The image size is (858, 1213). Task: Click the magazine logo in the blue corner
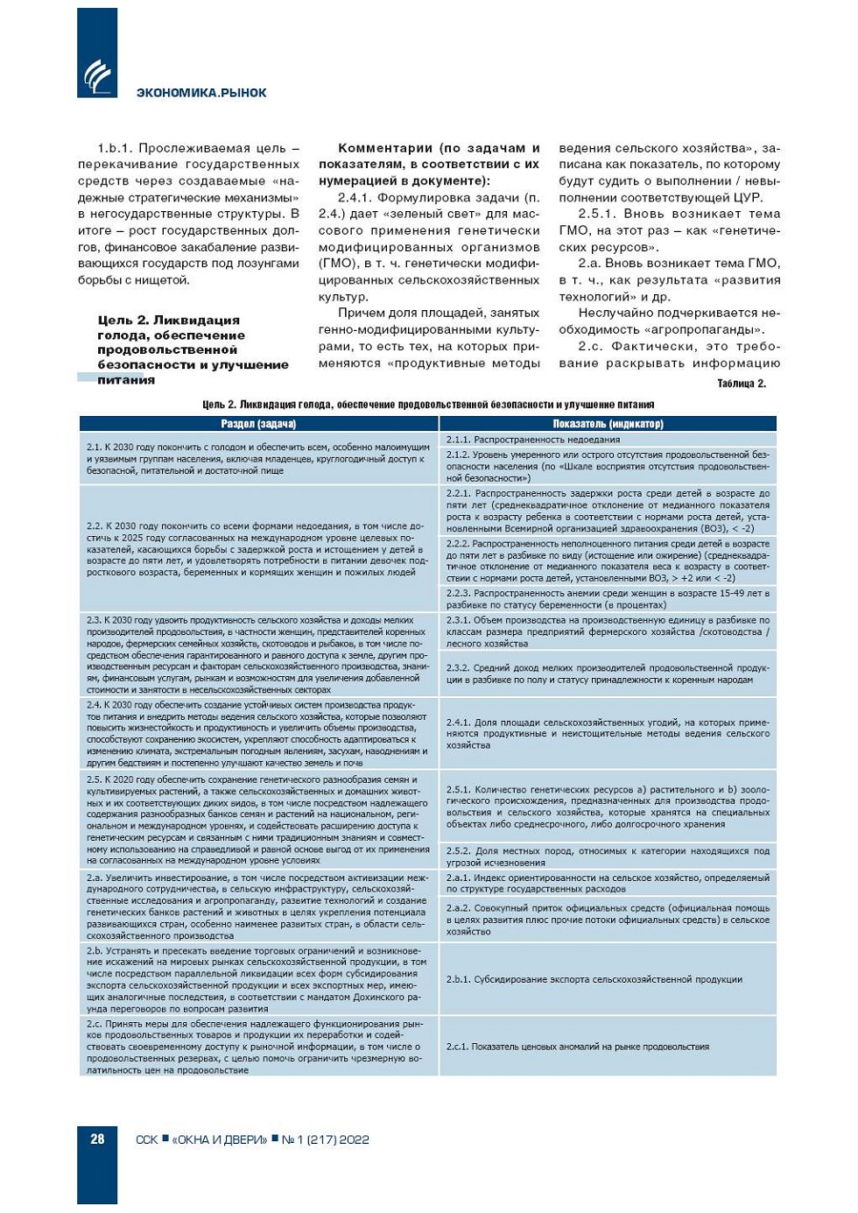click(x=97, y=77)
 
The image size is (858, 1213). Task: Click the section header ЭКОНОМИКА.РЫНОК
click(x=201, y=93)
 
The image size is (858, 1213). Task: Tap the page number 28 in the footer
click(x=97, y=1139)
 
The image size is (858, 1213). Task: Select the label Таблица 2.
click(x=741, y=384)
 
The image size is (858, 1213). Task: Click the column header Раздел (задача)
click(x=258, y=424)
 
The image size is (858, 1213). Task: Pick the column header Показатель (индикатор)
click(x=608, y=424)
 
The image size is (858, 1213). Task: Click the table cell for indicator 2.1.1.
click(x=608, y=440)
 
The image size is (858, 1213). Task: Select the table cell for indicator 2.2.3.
click(x=608, y=599)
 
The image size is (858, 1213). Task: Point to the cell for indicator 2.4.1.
click(x=608, y=734)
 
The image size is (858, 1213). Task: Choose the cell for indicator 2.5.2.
click(x=608, y=857)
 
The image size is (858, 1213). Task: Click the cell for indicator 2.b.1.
click(x=608, y=979)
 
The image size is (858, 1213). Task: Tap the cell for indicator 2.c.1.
click(x=608, y=1047)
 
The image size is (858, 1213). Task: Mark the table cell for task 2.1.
click(x=258, y=459)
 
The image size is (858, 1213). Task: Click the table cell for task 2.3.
click(x=258, y=655)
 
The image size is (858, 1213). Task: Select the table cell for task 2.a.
click(x=258, y=906)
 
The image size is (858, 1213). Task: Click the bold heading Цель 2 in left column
click(x=193, y=349)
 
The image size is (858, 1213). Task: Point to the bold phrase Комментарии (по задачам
click(x=429, y=164)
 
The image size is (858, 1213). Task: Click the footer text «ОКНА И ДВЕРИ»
click(x=220, y=1139)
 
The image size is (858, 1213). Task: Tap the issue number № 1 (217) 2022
click(x=325, y=1139)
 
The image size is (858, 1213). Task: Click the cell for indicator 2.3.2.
click(x=608, y=673)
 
